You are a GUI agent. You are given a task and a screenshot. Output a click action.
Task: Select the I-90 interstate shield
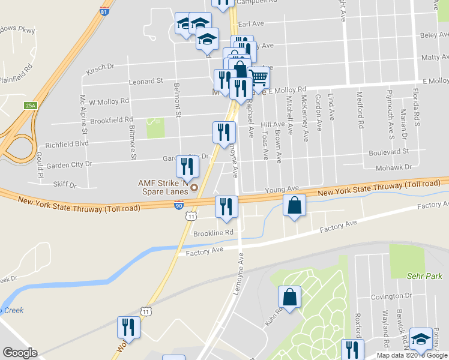[179, 205]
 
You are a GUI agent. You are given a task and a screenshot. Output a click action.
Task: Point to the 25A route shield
[31, 106]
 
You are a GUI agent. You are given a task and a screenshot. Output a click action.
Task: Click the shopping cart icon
[258, 77]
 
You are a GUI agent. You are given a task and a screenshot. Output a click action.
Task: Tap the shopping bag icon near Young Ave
[294, 205]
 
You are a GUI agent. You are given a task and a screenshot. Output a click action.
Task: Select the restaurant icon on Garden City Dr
[187, 166]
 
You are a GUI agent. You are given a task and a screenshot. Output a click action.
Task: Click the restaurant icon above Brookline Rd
[227, 208]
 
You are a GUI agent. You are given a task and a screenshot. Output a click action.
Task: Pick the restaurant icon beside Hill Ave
[224, 131]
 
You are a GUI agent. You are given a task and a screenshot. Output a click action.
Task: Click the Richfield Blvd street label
[67, 145]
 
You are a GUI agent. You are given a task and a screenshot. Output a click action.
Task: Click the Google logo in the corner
[19, 353]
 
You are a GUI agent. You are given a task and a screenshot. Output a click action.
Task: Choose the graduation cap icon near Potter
[421, 339]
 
